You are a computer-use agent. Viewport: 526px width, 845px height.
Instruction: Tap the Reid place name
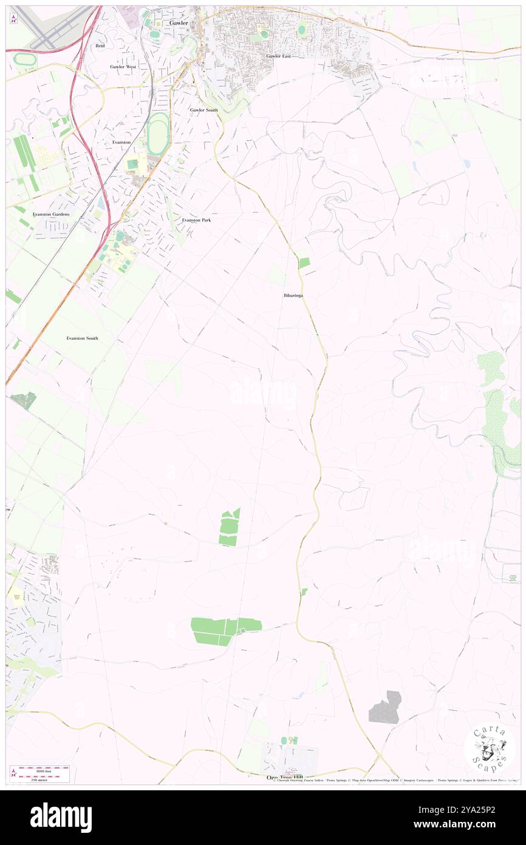(x=100, y=46)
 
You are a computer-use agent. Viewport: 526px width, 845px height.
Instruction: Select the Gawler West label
(x=123, y=66)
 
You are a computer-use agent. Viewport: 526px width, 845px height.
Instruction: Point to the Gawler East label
(x=278, y=56)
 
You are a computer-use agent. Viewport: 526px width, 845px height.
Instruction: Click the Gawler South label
(x=203, y=110)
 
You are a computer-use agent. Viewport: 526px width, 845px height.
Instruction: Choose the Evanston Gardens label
(x=52, y=215)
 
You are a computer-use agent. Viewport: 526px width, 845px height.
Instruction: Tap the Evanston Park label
(x=197, y=219)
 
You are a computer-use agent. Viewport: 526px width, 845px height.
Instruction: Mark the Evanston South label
(x=83, y=337)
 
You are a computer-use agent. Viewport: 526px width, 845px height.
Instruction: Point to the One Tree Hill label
(x=284, y=777)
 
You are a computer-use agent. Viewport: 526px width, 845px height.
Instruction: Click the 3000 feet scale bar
(x=40, y=769)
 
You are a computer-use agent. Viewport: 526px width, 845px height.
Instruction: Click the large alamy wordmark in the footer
(x=61, y=818)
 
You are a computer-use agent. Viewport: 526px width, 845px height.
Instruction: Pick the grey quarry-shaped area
(x=386, y=708)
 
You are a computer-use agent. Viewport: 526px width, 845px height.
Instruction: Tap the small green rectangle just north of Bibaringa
(x=304, y=263)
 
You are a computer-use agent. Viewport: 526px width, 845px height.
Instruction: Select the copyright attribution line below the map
(x=395, y=780)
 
